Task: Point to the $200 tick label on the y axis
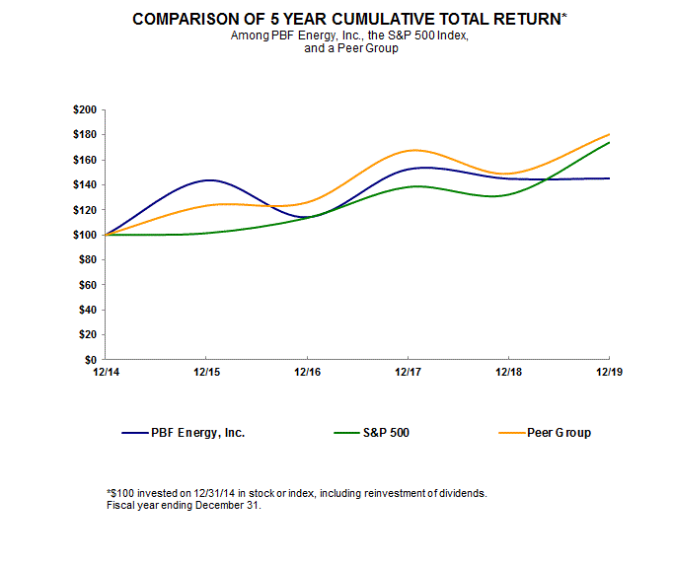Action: point(85,109)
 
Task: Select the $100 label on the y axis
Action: point(85,235)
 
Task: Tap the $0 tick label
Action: point(91,360)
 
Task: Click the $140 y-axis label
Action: point(85,184)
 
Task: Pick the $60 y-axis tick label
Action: point(88,285)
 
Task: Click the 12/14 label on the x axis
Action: point(105,373)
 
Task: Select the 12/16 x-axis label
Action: point(307,373)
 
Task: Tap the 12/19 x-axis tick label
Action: point(609,373)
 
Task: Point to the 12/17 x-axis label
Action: point(408,373)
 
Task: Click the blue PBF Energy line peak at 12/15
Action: point(206,179)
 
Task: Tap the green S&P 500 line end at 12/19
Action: point(609,142)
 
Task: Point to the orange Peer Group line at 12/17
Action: point(409,150)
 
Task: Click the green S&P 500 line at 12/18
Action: point(509,195)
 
